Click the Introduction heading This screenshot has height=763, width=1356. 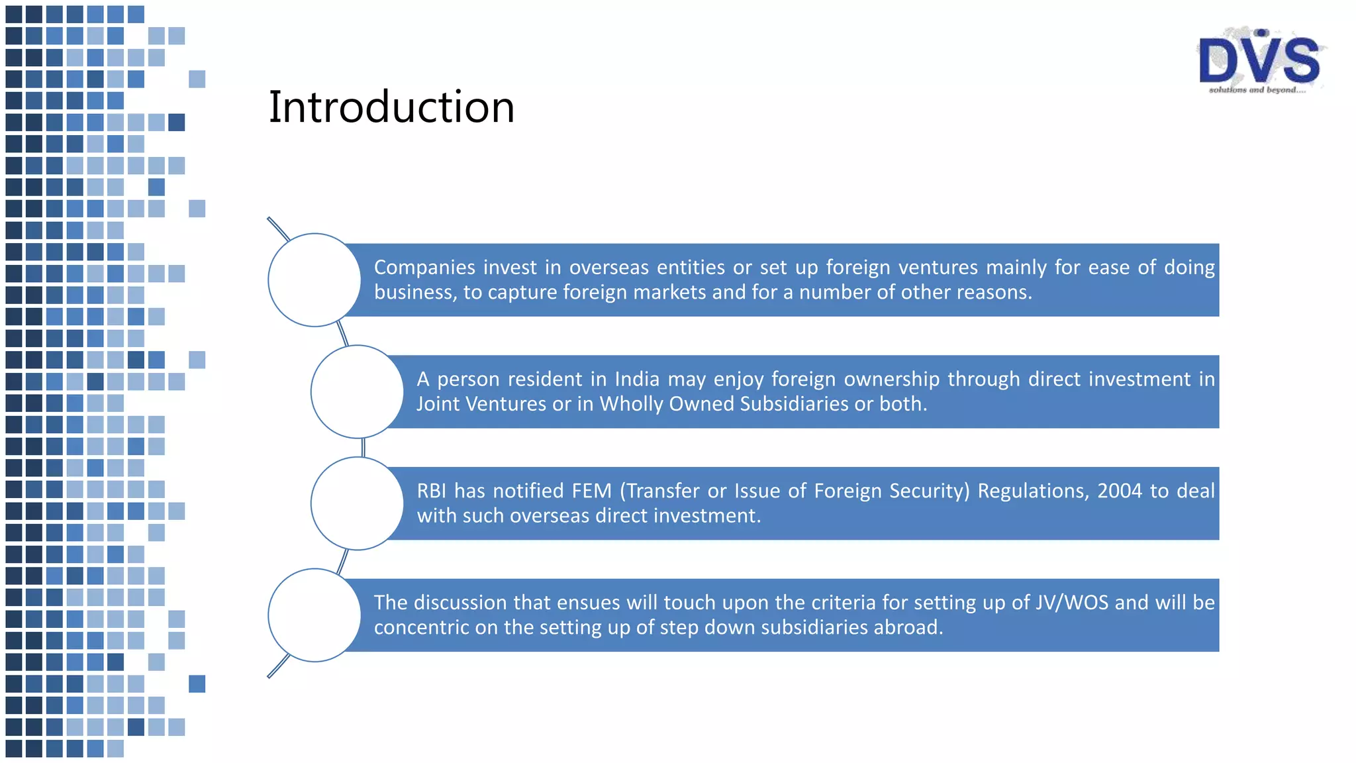pos(391,107)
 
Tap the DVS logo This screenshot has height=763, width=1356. pos(1259,60)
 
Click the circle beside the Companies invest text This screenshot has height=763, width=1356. pos(315,280)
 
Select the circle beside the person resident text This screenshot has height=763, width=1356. pos(357,391)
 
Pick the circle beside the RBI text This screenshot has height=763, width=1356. pos(357,503)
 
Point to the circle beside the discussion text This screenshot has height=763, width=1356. pos(315,615)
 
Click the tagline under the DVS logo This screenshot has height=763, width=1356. pos(1257,89)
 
